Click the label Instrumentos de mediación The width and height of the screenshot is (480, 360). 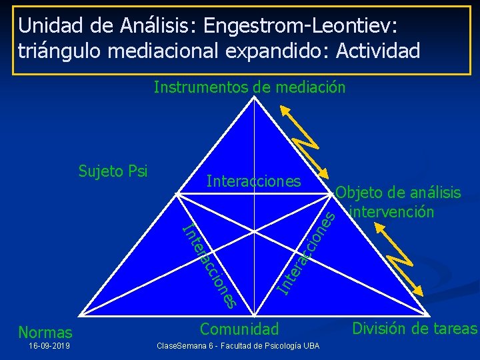click(x=249, y=87)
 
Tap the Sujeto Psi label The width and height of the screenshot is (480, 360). click(x=113, y=171)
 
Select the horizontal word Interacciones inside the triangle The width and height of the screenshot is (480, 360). click(x=253, y=181)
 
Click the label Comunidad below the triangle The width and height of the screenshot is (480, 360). click(x=239, y=329)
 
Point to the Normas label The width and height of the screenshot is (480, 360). click(x=45, y=332)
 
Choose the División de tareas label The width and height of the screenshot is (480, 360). click(x=415, y=328)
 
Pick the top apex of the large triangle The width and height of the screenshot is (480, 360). click(x=254, y=97)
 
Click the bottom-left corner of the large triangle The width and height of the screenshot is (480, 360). click(x=79, y=315)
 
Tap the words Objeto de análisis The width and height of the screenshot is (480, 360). click(x=398, y=193)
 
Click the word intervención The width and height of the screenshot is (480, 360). click(x=392, y=212)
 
